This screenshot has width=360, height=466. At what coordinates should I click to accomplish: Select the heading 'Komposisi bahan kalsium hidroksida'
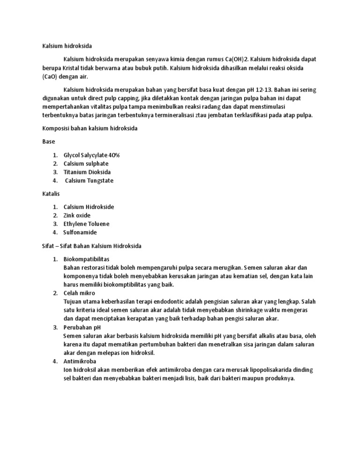click(x=87, y=128)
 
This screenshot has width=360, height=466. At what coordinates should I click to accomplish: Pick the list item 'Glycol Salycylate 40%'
click(x=92, y=155)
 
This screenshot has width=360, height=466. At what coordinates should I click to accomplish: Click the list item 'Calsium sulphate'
click(x=86, y=164)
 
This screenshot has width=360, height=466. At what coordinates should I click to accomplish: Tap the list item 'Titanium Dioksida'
click(x=87, y=172)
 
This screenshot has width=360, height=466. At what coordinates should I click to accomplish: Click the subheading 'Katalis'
click(x=46, y=193)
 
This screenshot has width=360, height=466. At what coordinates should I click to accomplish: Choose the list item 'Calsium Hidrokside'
click(x=89, y=207)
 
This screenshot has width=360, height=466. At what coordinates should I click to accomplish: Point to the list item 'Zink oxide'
click(x=77, y=215)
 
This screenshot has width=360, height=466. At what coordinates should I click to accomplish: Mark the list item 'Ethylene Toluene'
click(x=86, y=224)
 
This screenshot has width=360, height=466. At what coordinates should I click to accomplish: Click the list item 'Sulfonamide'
click(x=80, y=232)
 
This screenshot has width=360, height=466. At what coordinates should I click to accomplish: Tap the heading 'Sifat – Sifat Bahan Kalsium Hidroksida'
click(x=89, y=246)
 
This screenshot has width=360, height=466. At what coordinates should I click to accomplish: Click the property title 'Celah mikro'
click(x=79, y=293)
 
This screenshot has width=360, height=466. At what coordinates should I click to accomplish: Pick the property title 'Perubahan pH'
click(x=82, y=327)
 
